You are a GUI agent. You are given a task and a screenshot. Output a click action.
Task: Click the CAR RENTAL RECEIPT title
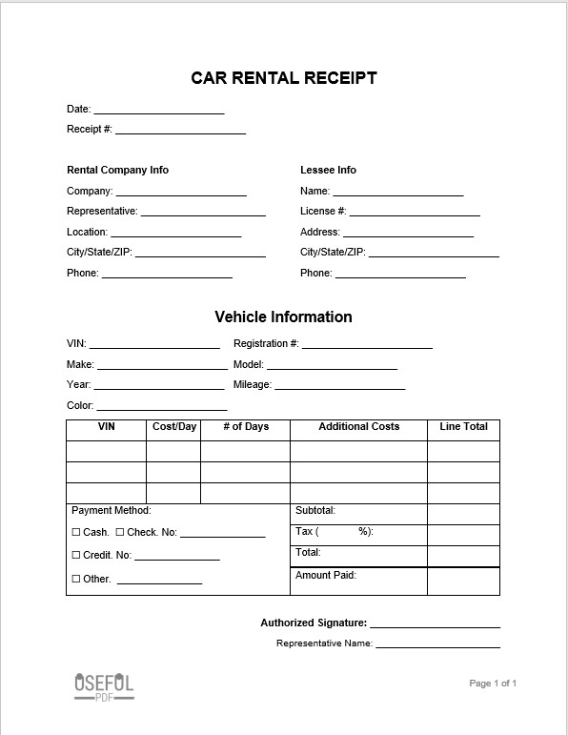(284, 78)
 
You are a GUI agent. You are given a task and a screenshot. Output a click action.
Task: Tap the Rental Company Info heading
(117, 170)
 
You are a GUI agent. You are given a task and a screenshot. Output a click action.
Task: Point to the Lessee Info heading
(328, 170)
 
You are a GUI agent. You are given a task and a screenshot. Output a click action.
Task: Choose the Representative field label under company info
(102, 211)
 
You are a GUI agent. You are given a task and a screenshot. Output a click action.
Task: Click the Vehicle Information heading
(283, 316)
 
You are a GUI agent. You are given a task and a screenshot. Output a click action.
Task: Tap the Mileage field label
(253, 385)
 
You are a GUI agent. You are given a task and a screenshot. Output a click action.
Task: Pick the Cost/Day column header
(174, 427)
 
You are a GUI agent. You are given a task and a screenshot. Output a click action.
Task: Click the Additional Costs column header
(358, 427)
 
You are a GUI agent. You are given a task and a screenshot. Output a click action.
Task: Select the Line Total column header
(463, 427)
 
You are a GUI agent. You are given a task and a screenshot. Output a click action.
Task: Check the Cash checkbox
(76, 533)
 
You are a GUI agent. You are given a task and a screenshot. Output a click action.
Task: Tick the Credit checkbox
(76, 556)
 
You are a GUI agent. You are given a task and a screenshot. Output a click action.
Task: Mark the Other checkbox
(76, 579)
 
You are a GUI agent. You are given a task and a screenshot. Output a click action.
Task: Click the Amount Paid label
(326, 575)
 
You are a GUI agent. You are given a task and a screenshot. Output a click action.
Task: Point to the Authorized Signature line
(435, 626)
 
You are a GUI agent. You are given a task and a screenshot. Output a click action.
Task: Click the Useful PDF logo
(104, 686)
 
